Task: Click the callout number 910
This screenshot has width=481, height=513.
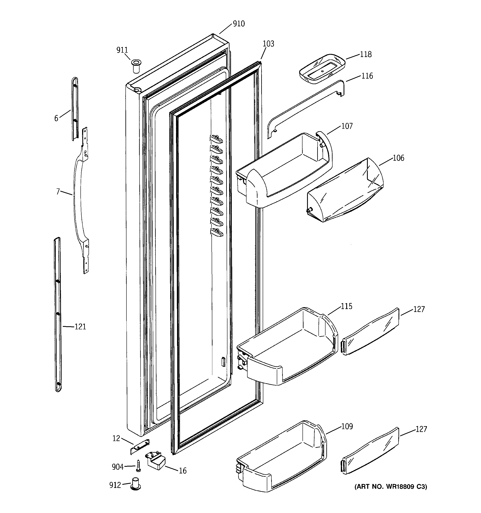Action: coord(239,24)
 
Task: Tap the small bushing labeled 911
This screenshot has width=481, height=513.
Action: coord(136,66)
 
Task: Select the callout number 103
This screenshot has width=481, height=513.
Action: coord(268,44)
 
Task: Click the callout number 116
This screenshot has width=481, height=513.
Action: coord(367,76)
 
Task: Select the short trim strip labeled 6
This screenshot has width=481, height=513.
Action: coord(75,108)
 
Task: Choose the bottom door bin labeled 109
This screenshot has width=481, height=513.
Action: coord(281,459)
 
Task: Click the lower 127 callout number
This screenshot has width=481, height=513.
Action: coord(421,429)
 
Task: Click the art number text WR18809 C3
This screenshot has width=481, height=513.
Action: coord(391,486)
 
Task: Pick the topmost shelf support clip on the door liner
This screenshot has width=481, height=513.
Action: coord(216,139)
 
